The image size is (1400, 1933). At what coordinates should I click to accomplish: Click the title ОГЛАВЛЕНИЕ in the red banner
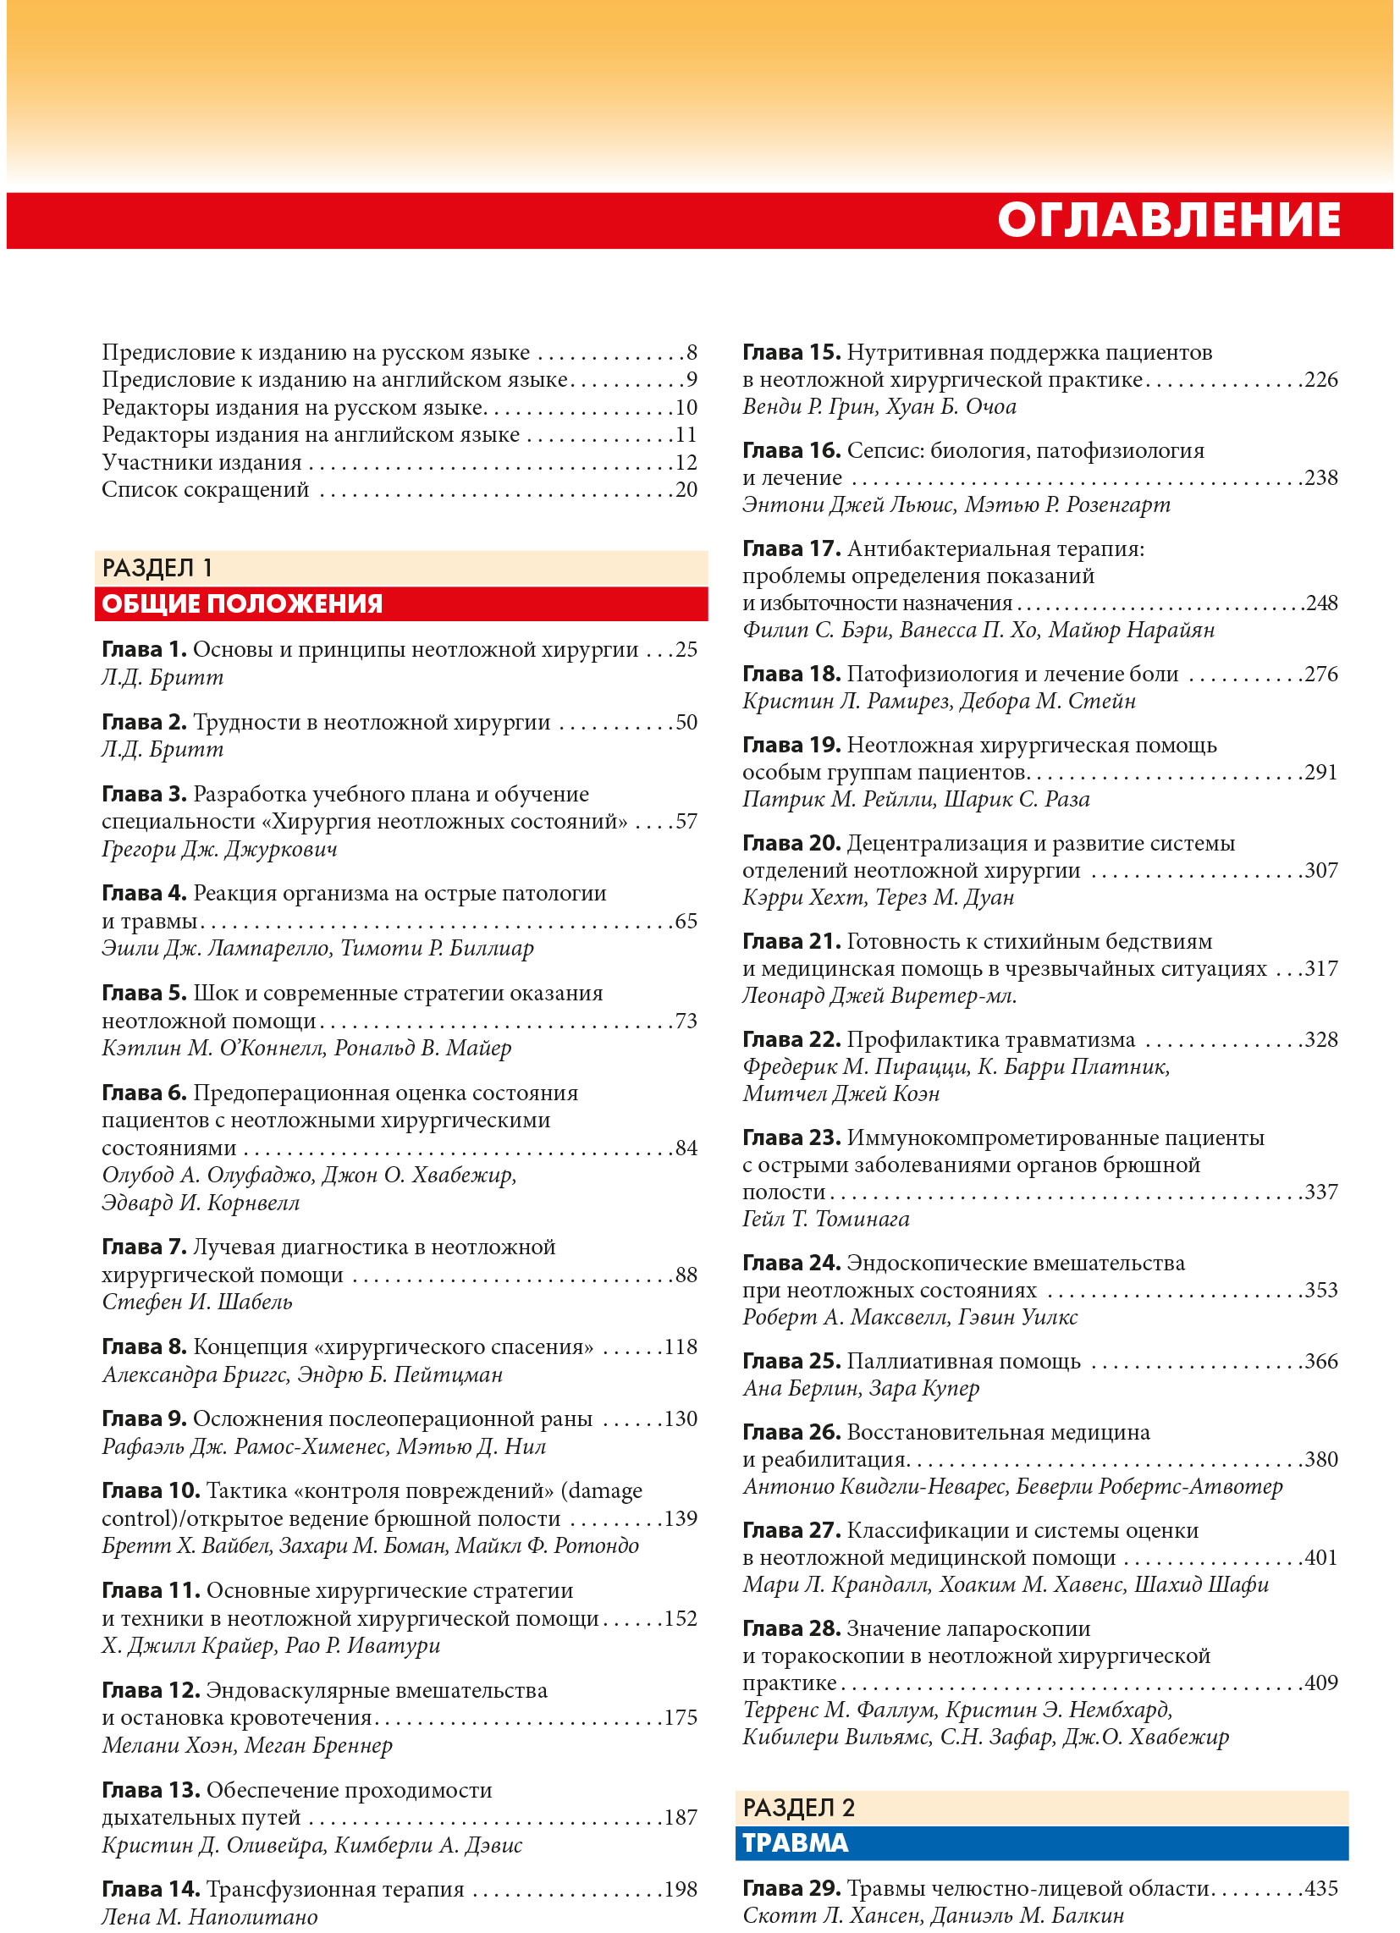pyautogui.click(x=1168, y=220)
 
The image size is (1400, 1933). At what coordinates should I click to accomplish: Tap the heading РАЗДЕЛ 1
pyautogui.click(x=157, y=568)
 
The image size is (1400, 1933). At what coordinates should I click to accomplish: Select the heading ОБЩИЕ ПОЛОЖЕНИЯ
pyautogui.click(x=242, y=603)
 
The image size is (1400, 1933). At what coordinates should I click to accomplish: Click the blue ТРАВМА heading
pyautogui.click(x=795, y=1842)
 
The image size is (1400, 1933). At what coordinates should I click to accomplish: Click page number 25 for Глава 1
pyautogui.click(x=686, y=649)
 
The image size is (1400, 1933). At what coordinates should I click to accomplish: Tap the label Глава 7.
pyautogui.click(x=143, y=1247)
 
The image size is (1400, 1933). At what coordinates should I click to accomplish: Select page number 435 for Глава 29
pyautogui.click(x=1320, y=1888)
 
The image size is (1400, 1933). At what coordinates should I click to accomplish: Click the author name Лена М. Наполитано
pyautogui.click(x=210, y=1917)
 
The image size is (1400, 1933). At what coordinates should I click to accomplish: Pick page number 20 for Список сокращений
pyautogui.click(x=686, y=489)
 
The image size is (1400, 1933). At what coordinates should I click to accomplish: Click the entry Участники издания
pyautogui.click(x=201, y=462)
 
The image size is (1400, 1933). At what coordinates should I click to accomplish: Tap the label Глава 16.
pyautogui.click(x=791, y=450)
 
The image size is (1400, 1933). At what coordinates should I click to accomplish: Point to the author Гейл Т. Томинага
pyautogui.click(x=825, y=1219)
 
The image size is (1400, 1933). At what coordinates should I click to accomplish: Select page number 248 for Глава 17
pyautogui.click(x=1320, y=603)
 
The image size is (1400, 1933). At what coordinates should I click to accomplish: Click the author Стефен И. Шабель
pyautogui.click(x=197, y=1302)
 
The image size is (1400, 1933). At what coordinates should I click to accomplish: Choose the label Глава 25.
pyautogui.click(x=791, y=1361)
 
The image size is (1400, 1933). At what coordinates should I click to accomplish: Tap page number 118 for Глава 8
pyautogui.click(x=681, y=1346)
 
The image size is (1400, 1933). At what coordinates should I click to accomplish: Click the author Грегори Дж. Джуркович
pyautogui.click(x=219, y=849)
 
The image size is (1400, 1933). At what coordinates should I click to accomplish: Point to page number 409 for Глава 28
pyautogui.click(x=1320, y=1682)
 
